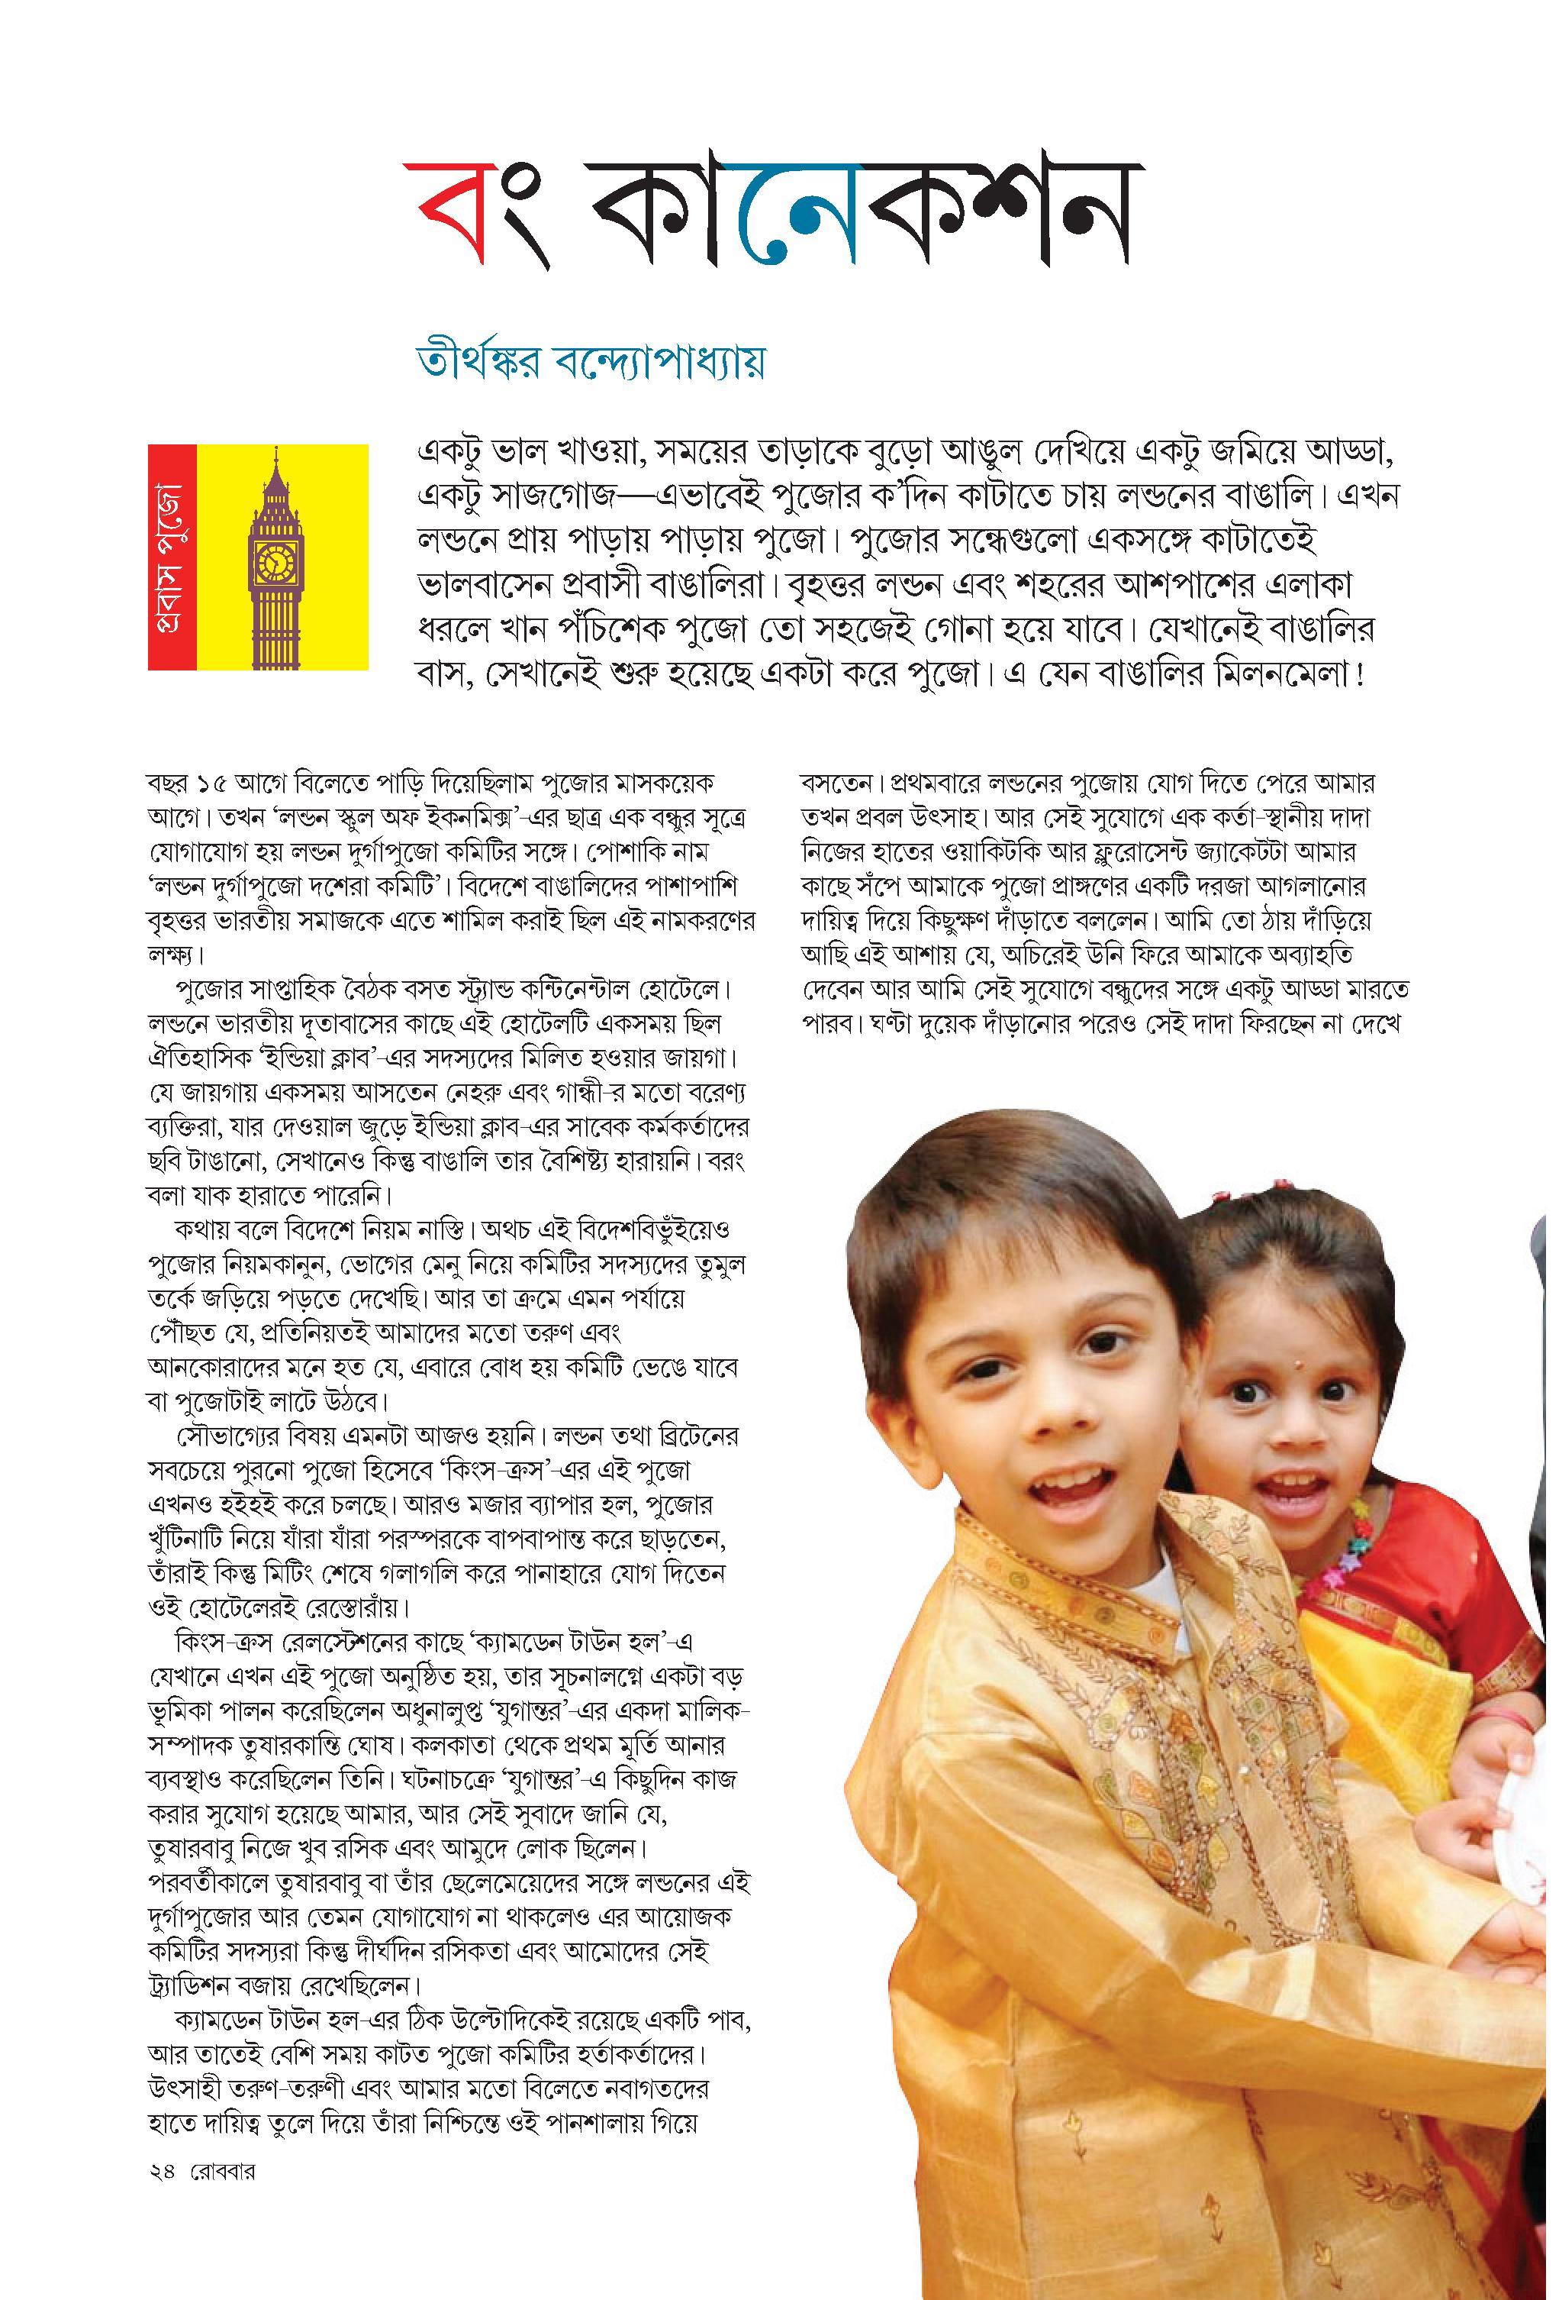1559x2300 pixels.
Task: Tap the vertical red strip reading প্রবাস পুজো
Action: pyautogui.click(x=173, y=557)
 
